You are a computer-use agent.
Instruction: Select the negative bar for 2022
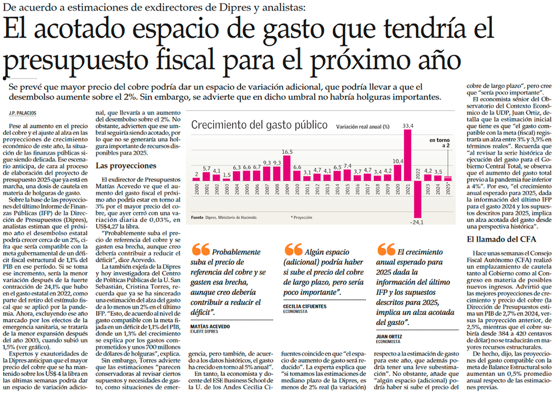(x=418, y=197)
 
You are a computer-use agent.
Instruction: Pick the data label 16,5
(x=287, y=151)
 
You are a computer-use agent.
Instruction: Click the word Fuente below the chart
(x=197, y=217)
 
